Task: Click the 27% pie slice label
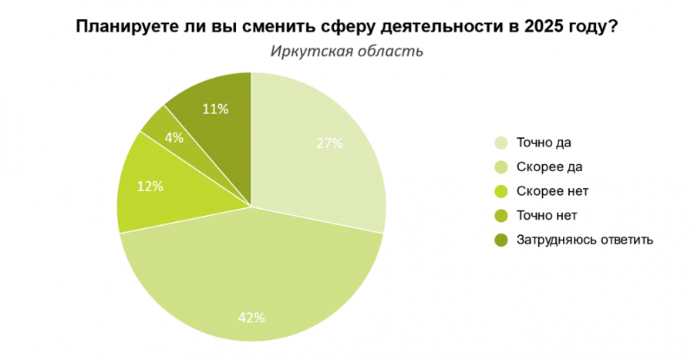(x=329, y=143)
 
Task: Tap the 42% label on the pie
(x=252, y=317)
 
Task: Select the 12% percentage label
(x=150, y=186)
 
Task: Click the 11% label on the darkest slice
(x=215, y=109)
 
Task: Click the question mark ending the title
(x=611, y=27)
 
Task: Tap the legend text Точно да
(x=544, y=143)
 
